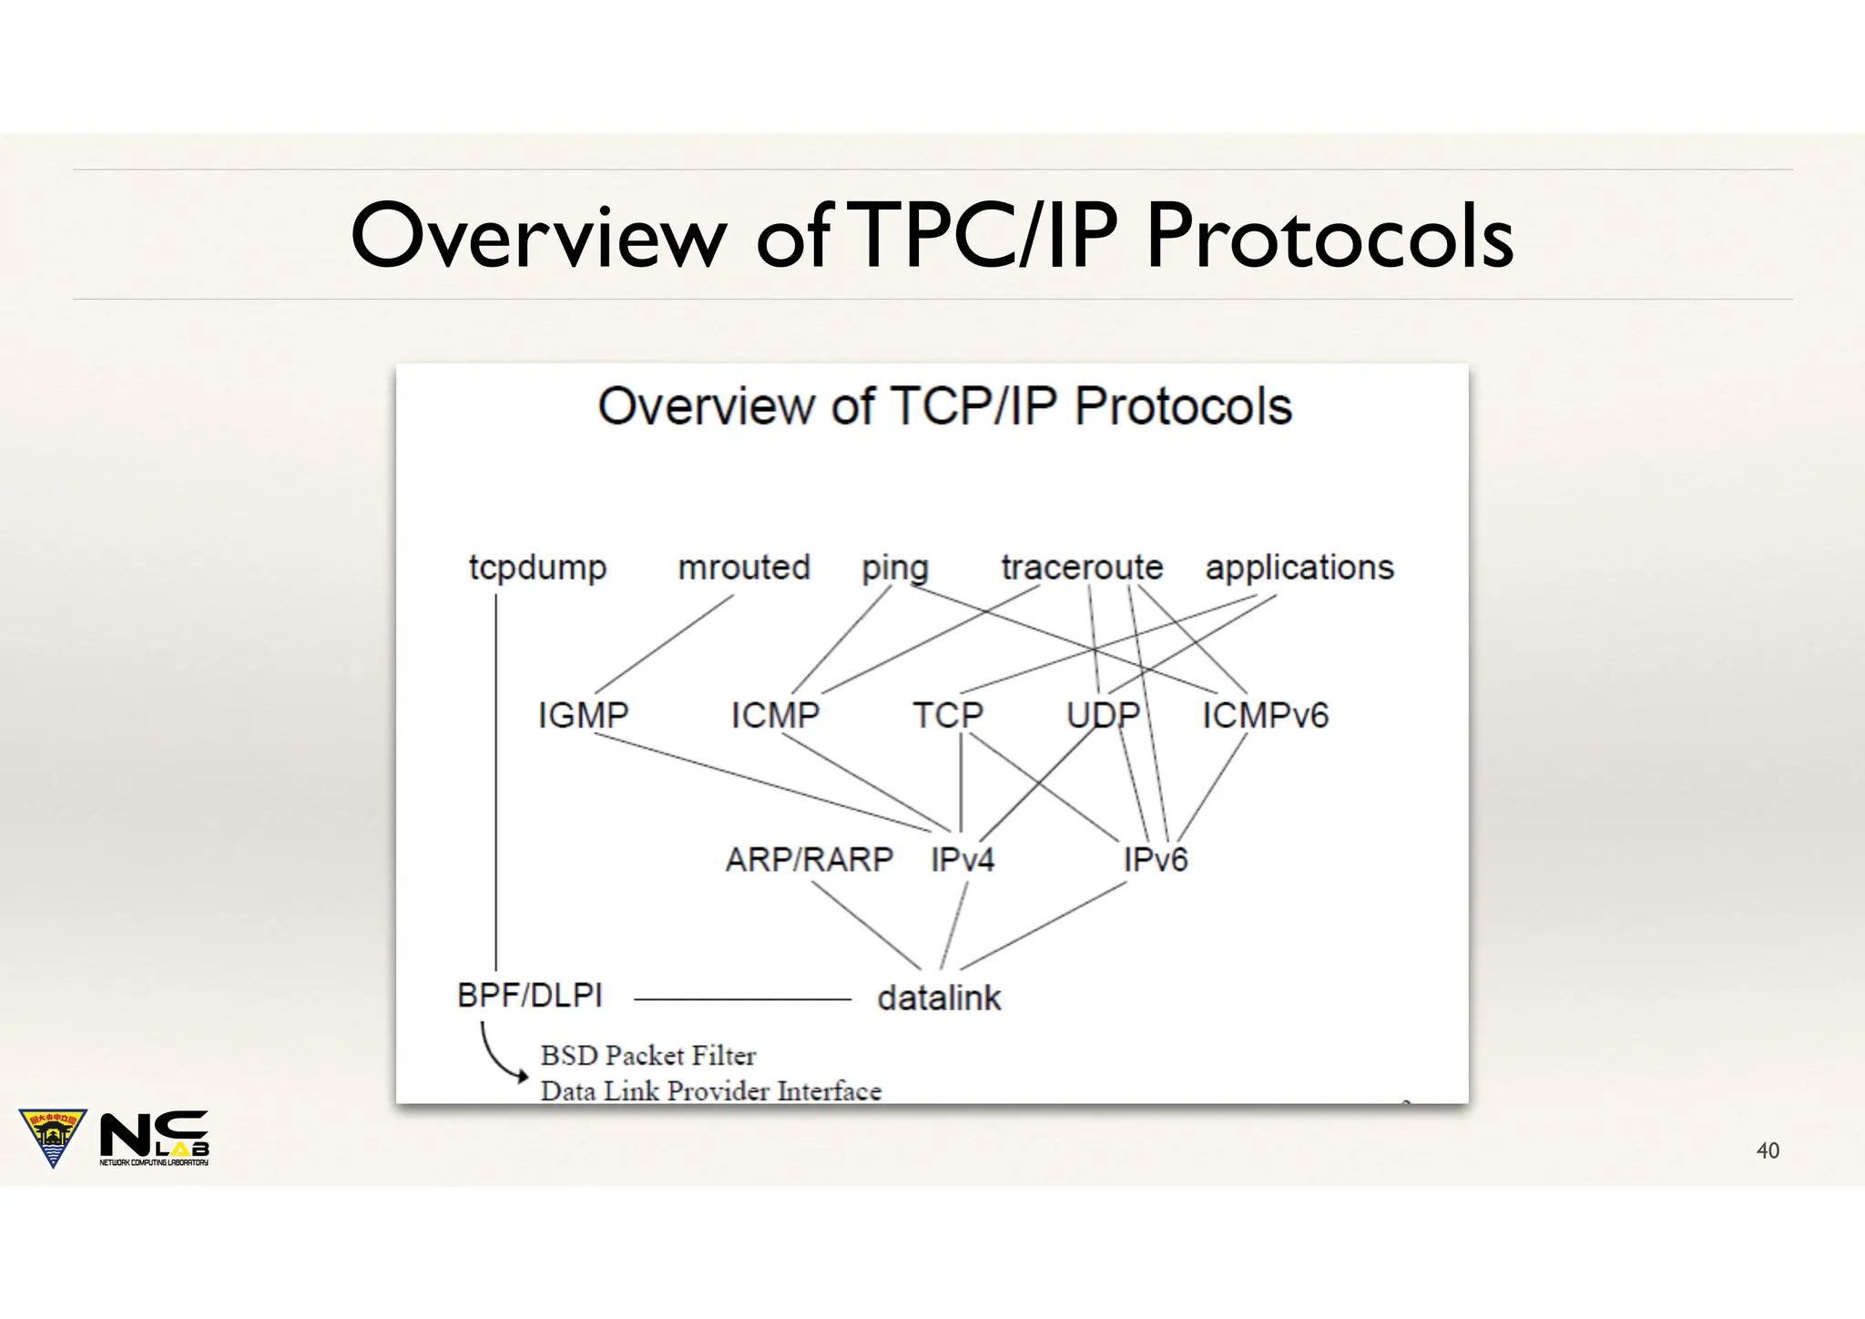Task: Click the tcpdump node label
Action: coord(537,568)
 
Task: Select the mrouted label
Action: coord(744,567)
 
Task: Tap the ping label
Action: coord(895,568)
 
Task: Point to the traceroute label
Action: coord(1082,567)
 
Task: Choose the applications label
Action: coord(1299,568)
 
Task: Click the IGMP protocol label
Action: coord(583,715)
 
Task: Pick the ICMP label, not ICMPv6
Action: coord(775,715)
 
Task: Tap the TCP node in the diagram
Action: coord(948,715)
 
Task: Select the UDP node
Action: coord(1103,715)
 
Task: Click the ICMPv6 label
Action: coord(1265,715)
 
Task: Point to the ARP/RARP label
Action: coord(809,859)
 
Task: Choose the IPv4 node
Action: coord(963,859)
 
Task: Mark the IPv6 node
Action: coord(1155,859)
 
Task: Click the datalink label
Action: coord(939,998)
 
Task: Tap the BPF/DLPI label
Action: coord(530,996)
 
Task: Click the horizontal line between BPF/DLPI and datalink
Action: coord(742,999)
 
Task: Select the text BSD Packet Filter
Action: coord(647,1056)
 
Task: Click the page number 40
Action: coord(1767,1151)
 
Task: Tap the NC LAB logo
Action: coord(153,1138)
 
